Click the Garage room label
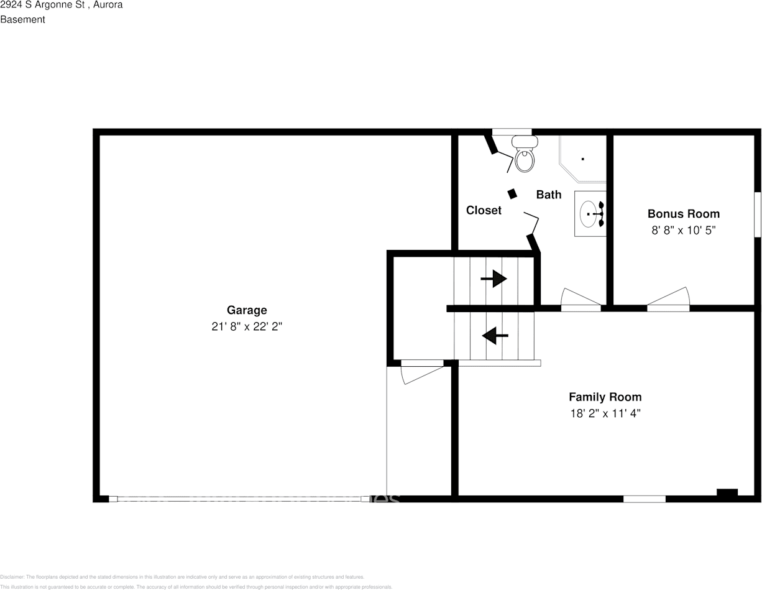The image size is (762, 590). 247,310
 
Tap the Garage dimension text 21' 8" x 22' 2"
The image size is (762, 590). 247,326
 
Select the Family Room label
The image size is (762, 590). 605,397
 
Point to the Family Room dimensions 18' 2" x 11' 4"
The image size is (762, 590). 605,413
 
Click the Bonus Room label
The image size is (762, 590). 683,214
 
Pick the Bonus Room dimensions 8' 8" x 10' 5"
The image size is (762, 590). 683,230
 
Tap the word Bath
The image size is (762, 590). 548,195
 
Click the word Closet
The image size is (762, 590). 484,211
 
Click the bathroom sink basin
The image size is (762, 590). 589,214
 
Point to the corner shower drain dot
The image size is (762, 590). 582,159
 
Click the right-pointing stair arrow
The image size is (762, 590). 494,279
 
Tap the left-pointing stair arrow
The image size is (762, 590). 495,336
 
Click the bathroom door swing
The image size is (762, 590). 581,298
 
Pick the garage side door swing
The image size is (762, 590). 421,372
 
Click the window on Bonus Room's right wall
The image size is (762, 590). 758,214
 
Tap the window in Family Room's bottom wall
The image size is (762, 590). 644,499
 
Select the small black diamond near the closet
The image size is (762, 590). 512,194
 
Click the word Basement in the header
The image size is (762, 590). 22,19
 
